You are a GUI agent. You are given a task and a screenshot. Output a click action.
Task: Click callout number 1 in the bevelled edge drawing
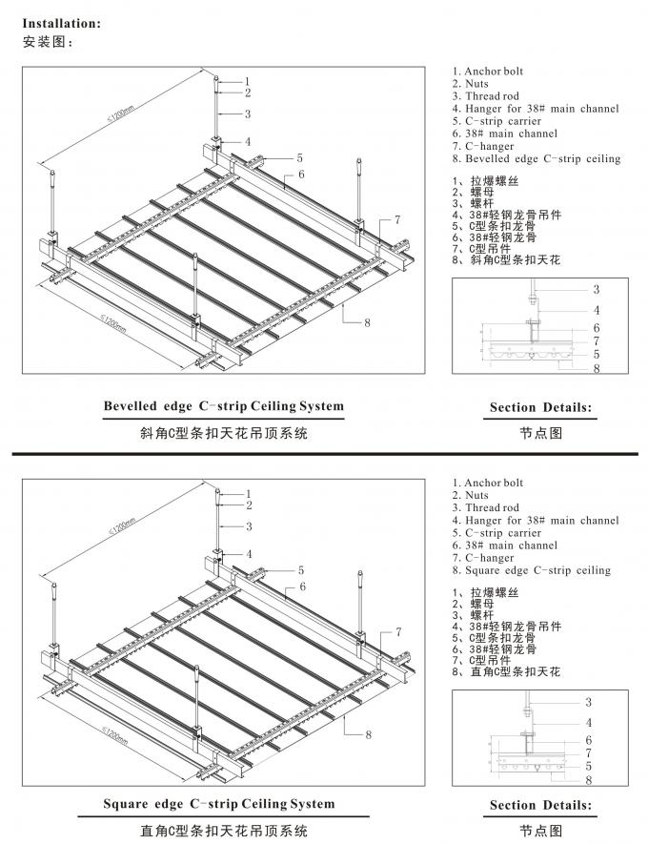click(247, 81)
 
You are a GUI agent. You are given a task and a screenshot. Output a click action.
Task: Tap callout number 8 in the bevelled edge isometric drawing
click(366, 322)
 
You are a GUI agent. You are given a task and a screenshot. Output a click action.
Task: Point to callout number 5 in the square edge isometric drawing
click(300, 570)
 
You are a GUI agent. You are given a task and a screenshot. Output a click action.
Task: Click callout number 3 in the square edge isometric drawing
click(249, 526)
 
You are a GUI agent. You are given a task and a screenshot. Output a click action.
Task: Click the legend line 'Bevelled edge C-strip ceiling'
click(537, 158)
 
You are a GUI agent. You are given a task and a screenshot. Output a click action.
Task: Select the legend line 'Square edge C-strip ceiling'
click(532, 570)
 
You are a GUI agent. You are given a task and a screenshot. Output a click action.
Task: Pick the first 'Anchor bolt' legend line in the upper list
click(487, 72)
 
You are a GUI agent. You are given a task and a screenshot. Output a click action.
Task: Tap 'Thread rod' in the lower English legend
click(485, 508)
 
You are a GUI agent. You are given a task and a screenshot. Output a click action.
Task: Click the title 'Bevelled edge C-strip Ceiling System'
click(224, 406)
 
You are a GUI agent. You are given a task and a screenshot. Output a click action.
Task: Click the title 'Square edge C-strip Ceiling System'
click(219, 804)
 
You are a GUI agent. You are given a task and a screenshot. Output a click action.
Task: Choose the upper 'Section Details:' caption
click(540, 408)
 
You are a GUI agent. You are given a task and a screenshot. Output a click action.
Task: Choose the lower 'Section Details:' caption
click(540, 806)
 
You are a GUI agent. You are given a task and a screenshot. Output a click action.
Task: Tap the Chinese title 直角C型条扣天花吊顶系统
click(219, 831)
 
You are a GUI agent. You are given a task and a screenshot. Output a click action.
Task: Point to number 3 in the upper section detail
click(597, 289)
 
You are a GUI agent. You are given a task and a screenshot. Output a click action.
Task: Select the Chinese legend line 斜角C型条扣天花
click(505, 259)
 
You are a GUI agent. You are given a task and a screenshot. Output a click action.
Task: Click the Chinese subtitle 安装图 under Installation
click(47, 42)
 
